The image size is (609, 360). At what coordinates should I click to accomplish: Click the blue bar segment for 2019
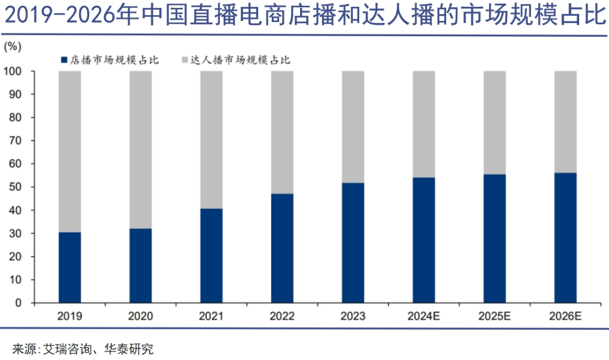70,267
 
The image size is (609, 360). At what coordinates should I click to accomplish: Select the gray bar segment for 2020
140,150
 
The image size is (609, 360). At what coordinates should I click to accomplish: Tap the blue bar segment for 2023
353,243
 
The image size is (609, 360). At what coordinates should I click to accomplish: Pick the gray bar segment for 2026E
565,122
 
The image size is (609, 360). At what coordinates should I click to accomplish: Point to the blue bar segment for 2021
211,256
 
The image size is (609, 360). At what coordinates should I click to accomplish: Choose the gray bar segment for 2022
282,132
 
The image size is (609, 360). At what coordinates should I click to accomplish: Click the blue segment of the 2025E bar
495,238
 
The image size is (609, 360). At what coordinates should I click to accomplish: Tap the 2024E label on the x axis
423,317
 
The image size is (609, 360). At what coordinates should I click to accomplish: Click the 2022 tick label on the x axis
282,317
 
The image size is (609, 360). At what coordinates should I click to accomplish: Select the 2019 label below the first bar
70,317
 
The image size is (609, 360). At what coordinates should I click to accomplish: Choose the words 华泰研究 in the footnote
129,348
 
